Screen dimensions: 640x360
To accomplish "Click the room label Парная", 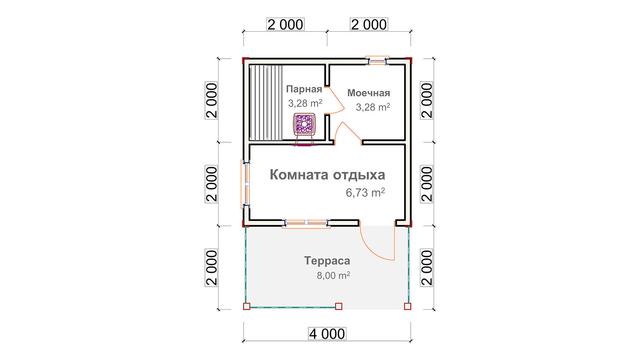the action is (304, 89).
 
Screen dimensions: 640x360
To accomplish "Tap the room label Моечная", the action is (369, 93).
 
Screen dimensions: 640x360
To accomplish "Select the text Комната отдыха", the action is (328, 175).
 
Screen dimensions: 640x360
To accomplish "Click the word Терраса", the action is (327, 261).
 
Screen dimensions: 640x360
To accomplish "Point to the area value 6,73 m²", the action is (365, 193).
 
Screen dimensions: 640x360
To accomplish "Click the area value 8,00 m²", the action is (333, 275).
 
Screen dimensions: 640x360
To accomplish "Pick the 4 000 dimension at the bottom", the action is (327, 334).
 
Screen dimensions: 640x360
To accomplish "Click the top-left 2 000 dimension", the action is (285, 24).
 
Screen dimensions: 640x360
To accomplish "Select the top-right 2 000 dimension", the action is (369, 24).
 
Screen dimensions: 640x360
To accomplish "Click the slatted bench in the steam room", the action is (266, 103).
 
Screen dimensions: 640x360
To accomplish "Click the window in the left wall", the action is (246, 184).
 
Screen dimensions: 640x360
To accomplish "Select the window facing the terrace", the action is (306, 223).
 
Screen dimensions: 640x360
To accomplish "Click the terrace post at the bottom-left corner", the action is (246, 306).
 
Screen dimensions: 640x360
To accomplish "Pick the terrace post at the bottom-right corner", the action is (408, 306).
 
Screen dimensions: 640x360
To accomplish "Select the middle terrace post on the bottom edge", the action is (339, 306).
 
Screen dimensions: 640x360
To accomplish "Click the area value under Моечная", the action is (373, 107).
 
